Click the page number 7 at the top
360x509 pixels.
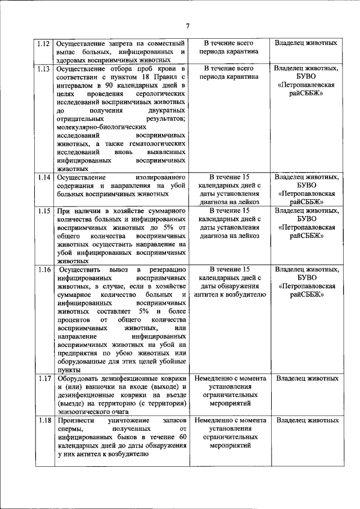click(188, 26)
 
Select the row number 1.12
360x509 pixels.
click(44, 43)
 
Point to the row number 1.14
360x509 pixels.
click(44, 177)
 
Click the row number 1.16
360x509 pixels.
click(44, 270)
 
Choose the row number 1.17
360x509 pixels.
click(44, 379)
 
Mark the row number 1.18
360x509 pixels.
click(44, 421)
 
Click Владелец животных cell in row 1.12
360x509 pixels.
click(307, 43)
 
